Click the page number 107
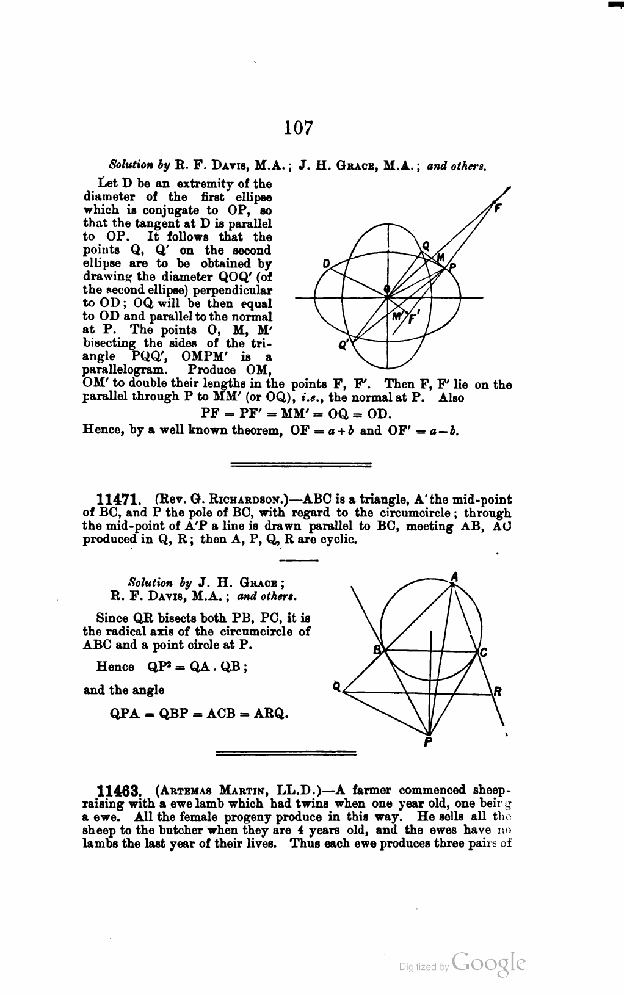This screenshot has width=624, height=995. [299, 129]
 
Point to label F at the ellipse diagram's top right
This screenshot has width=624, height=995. [498, 208]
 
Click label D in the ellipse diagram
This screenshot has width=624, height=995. [326, 264]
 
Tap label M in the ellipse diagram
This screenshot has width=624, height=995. [441, 258]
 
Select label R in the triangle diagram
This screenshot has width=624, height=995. [498, 692]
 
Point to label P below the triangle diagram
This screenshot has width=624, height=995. [428, 743]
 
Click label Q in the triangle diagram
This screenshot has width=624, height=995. [336, 686]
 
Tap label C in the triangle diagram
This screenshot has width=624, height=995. [484, 653]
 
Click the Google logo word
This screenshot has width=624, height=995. [488, 963]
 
